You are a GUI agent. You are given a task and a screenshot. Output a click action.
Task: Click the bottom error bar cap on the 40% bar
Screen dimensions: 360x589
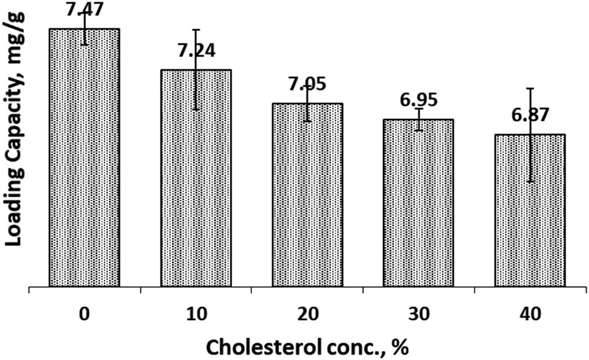[x=530, y=182]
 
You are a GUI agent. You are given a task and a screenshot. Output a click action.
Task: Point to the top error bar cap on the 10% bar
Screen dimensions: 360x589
[x=196, y=29]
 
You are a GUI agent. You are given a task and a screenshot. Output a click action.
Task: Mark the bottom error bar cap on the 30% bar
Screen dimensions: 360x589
[x=418, y=130]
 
